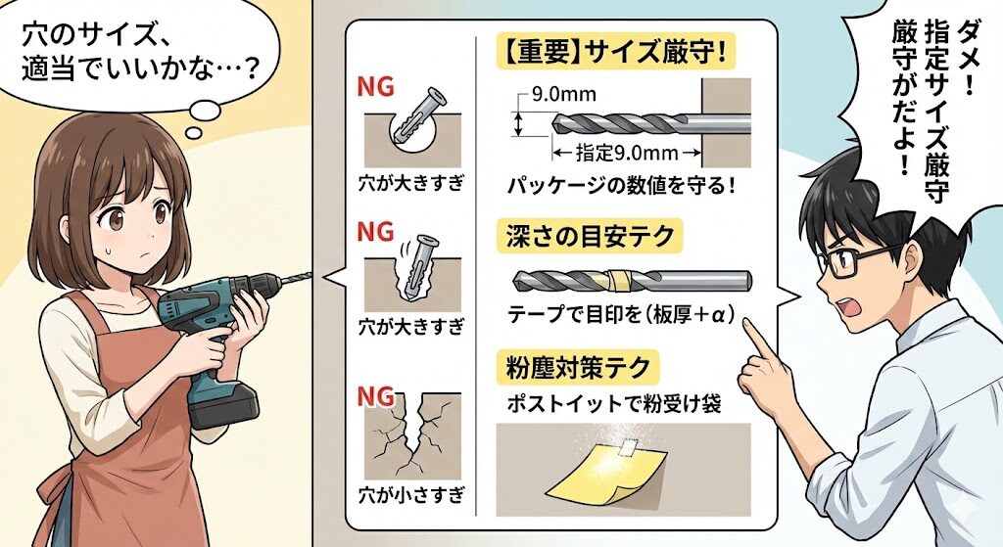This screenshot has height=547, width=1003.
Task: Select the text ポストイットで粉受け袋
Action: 610,403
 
